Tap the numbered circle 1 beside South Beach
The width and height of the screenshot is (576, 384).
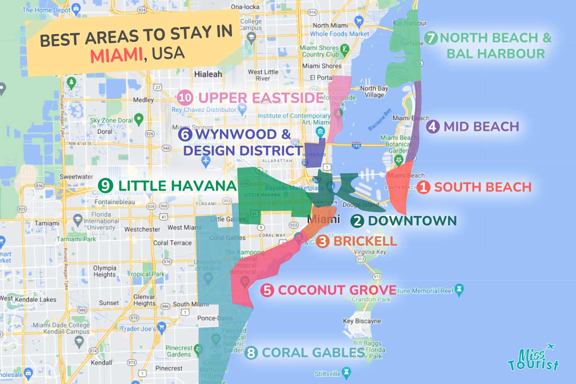click(x=423, y=188)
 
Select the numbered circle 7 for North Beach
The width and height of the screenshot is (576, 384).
click(x=431, y=38)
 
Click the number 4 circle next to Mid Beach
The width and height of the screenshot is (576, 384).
click(x=432, y=127)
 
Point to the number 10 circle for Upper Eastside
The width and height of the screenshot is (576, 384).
click(x=185, y=98)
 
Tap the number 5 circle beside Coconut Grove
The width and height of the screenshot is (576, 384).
click(x=267, y=290)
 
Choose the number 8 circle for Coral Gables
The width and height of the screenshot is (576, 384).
click(x=250, y=353)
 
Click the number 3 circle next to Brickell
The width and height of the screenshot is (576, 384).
click(x=322, y=241)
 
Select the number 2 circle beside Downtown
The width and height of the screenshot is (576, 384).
click(x=357, y=221)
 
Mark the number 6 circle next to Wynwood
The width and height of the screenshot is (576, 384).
click(x=185, y=135)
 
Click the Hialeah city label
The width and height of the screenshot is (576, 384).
click(x=208, y=74)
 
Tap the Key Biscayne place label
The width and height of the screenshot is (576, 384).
click(x=362, y=321)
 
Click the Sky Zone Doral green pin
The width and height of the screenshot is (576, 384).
click(x=139, y=118)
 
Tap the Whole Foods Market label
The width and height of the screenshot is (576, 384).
click(x=339, y=34)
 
